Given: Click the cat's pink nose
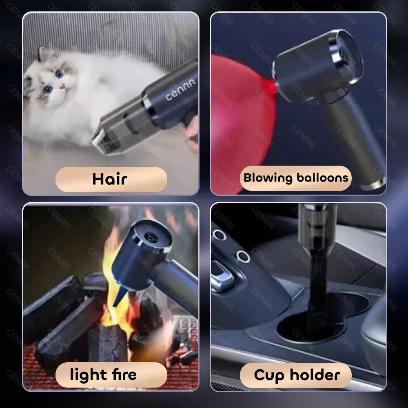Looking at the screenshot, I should point(62,86).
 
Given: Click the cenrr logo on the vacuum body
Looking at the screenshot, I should point(180,90).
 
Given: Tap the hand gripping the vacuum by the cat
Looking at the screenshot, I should point(192,133).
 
